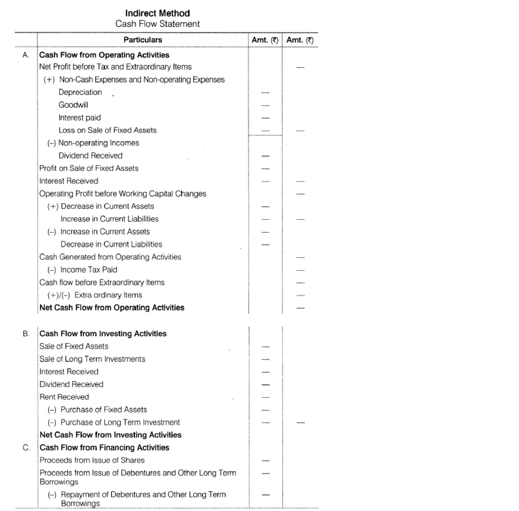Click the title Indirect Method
pyautogui.click(x=157, y=13)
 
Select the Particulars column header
pyautogui.click(x=143, y=40)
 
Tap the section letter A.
pyautogui.click(x=26, y=55)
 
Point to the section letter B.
pyautogui.click(x=26, y=334)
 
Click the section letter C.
pyautogui.click(x=26, y=448)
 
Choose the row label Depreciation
pyautogui.click(x=80, y=92)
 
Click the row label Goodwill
pyautogui.click(x=73, y=105)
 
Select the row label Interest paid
pyautogui.click(x=79, y=118)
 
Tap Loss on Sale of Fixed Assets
pyautogui.click(x=107, y=130)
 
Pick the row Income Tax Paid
pyautogui.click(x=89, y=270)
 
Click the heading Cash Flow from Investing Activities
pyautogui.click(x=103, y=334)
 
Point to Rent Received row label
pyautogui.click(x=64, y=397)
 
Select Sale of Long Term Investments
pyautogui.click(x=92, y=359)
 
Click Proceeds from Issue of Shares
pyautogui.click(x=92, y=460)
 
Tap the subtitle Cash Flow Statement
pyautogui.click(x=157, y=24)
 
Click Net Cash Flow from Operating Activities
pyautogui.click(x=112, y=308)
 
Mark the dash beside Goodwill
pyautogui.click(x=265, y=105)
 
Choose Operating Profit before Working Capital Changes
pyautogui.click(x=122, y=194)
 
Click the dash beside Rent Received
pyautogui.click(x=266, y=397)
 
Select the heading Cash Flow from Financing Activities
pyautogui.click(x=104, y=448)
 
